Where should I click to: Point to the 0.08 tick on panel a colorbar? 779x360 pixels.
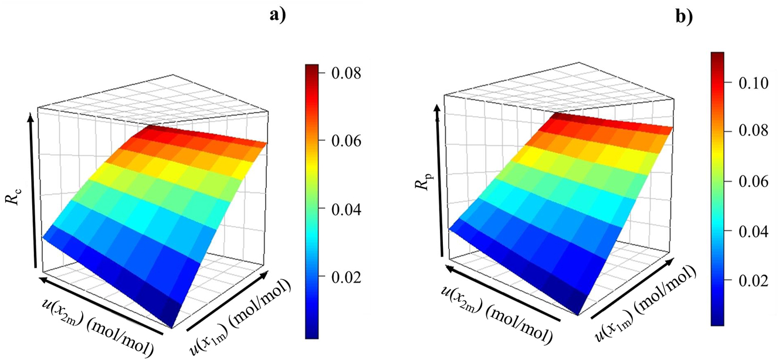point(320,74)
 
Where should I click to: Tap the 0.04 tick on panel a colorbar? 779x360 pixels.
point(320,209)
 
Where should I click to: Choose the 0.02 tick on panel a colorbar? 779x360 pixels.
point(320,277)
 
